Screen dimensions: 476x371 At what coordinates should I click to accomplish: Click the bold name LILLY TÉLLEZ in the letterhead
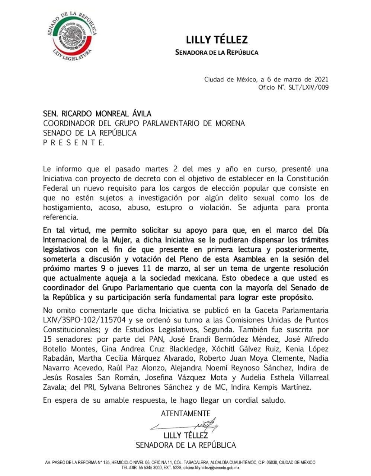(217, 39)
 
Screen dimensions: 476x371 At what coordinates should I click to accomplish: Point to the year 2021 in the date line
(321, 79)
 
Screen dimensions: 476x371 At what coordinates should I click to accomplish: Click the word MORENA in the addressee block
(230, 123)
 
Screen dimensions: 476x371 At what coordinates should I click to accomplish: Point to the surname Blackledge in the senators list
(184, 349)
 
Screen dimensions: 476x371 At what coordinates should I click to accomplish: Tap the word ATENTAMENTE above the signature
(185, 413)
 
